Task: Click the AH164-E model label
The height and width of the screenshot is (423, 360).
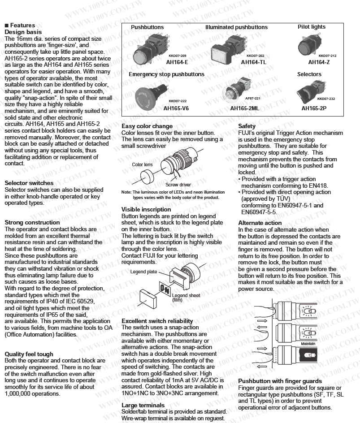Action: pos(176,62)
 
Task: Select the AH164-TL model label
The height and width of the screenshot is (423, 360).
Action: pos(253,62)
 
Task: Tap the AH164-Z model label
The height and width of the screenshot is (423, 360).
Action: pos(319,62)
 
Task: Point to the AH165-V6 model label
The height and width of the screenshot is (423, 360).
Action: pos(176,108)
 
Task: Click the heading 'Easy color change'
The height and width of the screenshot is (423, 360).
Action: pos(147,126)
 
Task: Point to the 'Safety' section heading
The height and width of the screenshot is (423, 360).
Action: pos(247,126)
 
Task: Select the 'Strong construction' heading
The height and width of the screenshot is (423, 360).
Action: pos(31,222)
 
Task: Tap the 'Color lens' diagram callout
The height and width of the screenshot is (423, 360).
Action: pos(142,165)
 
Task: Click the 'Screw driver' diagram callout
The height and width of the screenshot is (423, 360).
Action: pos(178,185)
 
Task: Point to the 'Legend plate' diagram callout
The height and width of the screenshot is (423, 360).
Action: pos(143,272)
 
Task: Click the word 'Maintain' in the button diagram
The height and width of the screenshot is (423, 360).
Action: pos(308,344)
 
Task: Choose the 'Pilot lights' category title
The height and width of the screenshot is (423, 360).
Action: pos(312,27)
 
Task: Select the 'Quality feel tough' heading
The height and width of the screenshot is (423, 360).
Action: pos(29,354)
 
